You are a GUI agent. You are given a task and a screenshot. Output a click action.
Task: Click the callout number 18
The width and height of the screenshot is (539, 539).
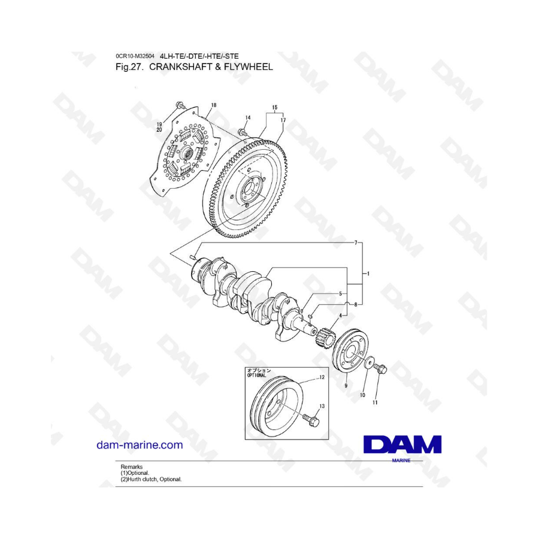click(x=214, y=105)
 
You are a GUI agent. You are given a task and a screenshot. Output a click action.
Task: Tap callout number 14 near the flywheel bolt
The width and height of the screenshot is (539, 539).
click(x=248, y=117)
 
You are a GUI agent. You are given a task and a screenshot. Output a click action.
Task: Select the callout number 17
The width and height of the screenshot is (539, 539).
click(x=283, y=120)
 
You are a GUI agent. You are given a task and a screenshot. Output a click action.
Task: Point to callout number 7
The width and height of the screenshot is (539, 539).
click(x=356, y=243)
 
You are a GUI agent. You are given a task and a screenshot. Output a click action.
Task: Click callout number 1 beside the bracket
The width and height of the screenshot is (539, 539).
click(x=368, y=274)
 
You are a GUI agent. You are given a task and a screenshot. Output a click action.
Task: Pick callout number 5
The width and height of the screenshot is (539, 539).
click(x=341, y=293)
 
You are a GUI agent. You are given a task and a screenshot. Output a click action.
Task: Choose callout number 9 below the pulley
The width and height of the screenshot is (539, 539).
click(x=346, y=386)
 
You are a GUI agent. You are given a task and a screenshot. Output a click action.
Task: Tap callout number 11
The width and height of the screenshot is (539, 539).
click(x=375, y=402)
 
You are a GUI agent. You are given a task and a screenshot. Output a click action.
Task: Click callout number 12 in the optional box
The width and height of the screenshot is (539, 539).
click(x=322, y=377)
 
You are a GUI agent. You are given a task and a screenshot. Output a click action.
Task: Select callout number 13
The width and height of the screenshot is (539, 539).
click(x=322, y=406)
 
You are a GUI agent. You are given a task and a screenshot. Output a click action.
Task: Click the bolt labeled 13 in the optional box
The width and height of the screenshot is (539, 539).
click(x=311, y=420)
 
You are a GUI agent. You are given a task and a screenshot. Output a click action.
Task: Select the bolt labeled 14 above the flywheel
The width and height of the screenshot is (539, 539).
click(x=243, y=132)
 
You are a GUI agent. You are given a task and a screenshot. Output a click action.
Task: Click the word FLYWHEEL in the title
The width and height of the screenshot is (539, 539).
click(x=248, y=66)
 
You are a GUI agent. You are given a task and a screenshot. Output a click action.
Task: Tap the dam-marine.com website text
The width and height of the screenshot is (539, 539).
click(x=140, y=445)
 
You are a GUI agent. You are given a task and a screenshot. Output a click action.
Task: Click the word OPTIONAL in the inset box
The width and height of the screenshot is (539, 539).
click(x=256, y=376)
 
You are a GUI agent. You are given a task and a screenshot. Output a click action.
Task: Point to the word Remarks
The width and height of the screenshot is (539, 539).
click(x=131, y=467)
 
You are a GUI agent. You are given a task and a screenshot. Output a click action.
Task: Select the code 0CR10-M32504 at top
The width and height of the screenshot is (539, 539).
click(x=135, y=56)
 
